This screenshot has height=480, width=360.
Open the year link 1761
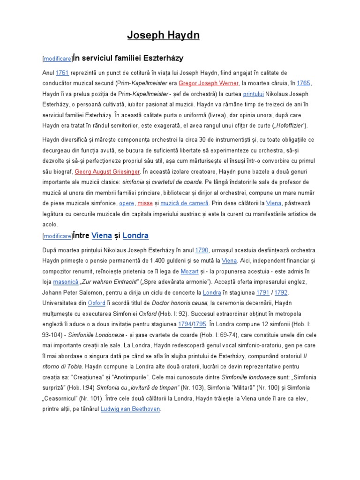(62, 73)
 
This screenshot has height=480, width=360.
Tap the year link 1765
(303, 83)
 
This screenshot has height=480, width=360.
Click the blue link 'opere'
(127, 203)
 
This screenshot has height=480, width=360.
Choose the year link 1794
(184, 324)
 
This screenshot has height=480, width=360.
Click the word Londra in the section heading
(135, 235)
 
